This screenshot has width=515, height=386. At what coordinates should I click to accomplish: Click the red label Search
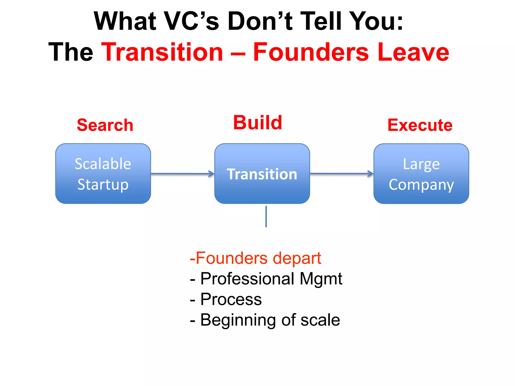pyautogui.click(x=105, y=125)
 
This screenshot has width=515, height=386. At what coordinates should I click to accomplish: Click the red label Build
pyautogui.click(x=257, y=122)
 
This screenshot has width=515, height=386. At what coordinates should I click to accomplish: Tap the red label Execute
pyautogui.click(x=420, y=125)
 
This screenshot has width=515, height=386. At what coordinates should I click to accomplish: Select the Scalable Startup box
pyautogui.click(x=103, y=174)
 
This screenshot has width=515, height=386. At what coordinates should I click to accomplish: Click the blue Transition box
pyautogui.click(x=262, y=174)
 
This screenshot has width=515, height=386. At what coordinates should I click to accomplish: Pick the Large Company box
pyautogui.click(x=421, y=174)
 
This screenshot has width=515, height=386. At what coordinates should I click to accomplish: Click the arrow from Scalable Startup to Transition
pyautogui.click(x=182, y=174)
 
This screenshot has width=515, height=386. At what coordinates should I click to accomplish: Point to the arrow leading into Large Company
pyautogui.click(x=341, y=173)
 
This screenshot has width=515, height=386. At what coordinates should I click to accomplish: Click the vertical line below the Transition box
pyautogui.click(x=266, y=216)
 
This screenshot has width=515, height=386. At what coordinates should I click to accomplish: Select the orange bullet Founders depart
pyautogui.click(x=255, y=258)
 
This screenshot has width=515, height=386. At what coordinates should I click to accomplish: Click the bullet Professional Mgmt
pyautogui.click(x=266, y=279)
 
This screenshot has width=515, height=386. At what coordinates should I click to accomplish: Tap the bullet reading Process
pyautogui.click(x=226, y=299)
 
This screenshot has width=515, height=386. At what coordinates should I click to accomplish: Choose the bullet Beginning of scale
pyautogui.click(x=265, y=320)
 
